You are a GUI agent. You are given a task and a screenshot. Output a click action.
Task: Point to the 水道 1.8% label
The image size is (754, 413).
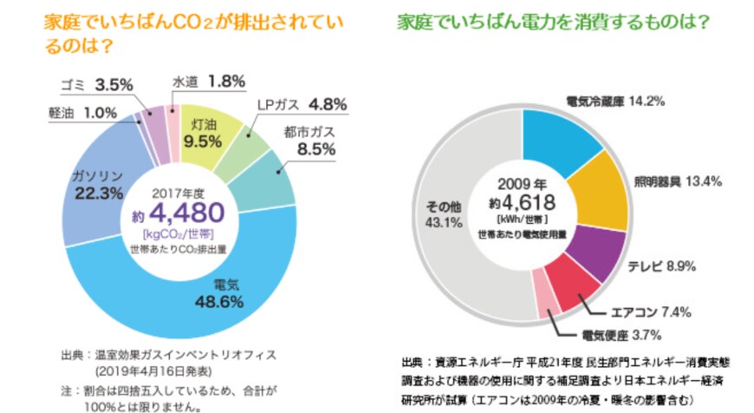click(x=205, y=82)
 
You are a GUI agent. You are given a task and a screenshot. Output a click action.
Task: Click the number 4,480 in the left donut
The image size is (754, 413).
click(x=187, y=213)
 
